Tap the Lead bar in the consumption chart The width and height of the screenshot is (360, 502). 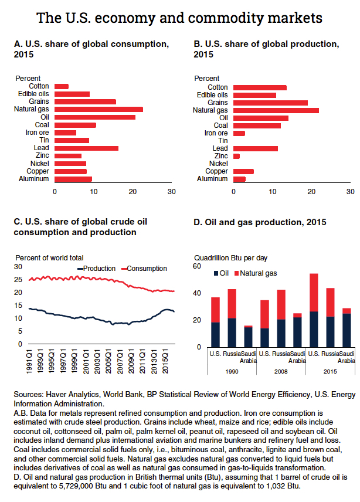pyautogui.click(x=86, y=148)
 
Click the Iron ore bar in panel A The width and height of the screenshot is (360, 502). pyautogui.click(x=65, y=133)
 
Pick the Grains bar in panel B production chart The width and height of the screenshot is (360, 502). pyautogui.click(x=270, y=103)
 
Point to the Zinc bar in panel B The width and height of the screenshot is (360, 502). pyautogui.click(x=236, y=156)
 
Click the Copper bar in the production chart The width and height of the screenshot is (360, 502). pyautogui.click(x=243, y=171)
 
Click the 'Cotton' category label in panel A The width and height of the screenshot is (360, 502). pyautogui.click(x=39, y=86)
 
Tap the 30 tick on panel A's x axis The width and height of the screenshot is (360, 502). pyautogui.click(x=172, y=191)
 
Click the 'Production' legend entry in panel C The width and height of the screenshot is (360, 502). pyautogui.click(x=99, y=268)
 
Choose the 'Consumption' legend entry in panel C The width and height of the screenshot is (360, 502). pyautogui.click(x=147, y=268)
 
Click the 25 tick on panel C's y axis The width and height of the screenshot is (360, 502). pyautogui.click(x=18, y=279)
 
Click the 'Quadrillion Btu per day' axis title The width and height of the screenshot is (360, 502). pyautogui.click(x=230, y=257)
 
